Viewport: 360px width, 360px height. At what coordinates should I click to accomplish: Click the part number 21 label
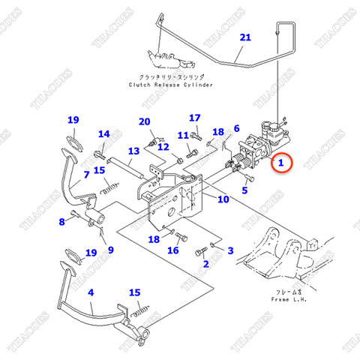tap(245, 37)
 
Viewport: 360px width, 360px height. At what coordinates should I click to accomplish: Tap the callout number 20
tap(145, 121)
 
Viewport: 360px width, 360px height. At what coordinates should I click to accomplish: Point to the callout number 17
tap(195, 118)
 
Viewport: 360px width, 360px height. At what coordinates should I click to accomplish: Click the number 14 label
tap(103, 134)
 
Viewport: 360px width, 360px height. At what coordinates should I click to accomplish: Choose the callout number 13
tap(133, 151)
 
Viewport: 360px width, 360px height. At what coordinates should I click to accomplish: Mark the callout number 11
tap(182, 135)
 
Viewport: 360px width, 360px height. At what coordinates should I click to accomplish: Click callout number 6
tap(236, 128)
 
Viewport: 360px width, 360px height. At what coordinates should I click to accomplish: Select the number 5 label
tap(244, 190)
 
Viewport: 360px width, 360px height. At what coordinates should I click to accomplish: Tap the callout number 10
tap(223, 199)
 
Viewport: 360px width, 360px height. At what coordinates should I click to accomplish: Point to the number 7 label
tap(87, 175)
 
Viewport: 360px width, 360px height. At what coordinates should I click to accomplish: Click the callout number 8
tap(61, 221)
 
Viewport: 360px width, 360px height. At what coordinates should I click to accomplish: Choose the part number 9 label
tap(110, 250)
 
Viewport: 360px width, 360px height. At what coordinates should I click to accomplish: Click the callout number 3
tap(229, 250)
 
